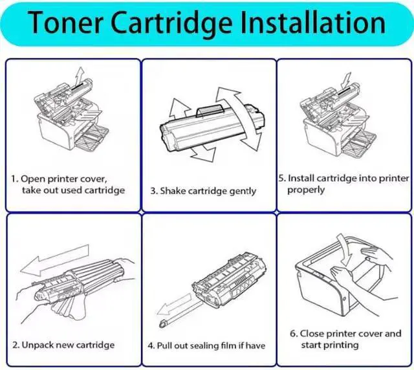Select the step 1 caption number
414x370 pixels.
15,179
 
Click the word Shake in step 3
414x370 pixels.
173,191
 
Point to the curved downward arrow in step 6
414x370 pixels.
350,249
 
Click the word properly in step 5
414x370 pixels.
306,190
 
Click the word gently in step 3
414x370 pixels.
241,191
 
